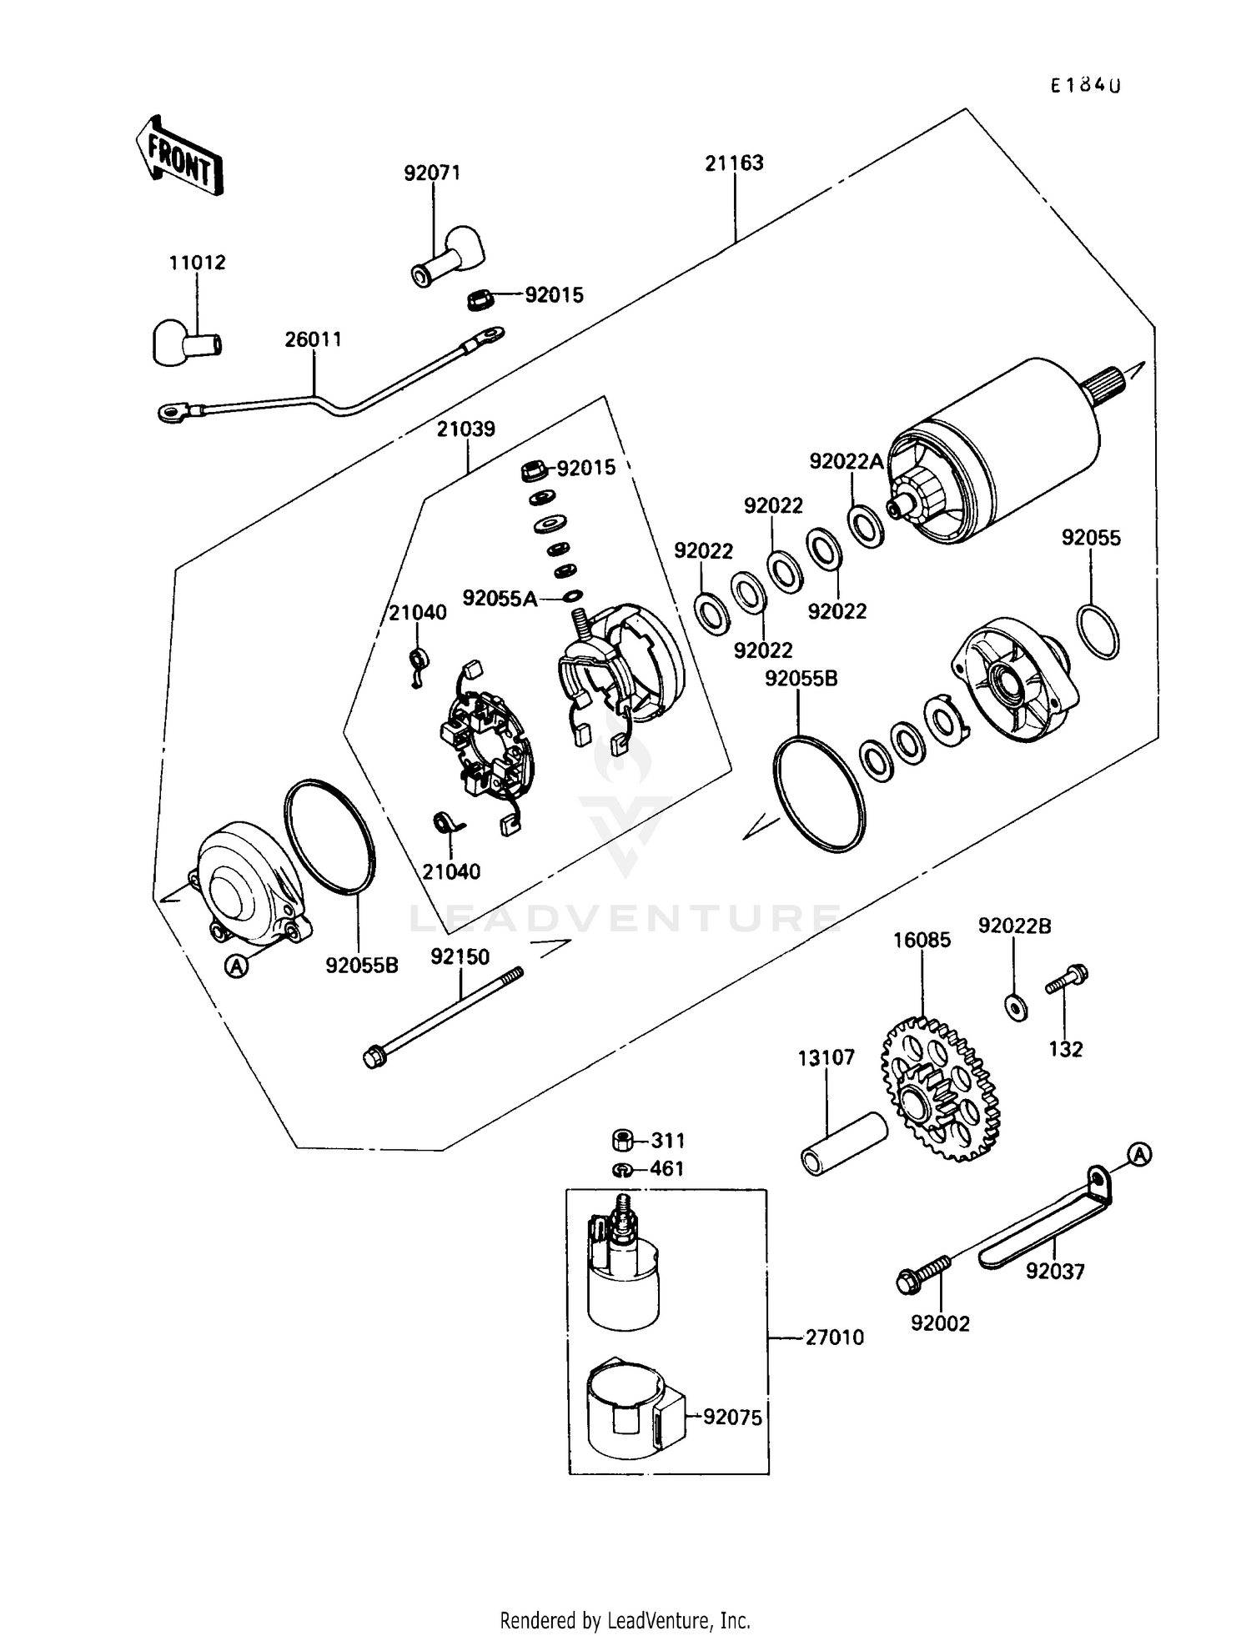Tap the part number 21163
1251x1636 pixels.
734,163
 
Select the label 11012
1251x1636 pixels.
197,263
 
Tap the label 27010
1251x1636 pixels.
834,1337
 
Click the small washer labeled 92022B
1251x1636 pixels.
1016,1007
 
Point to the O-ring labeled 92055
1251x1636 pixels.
1098,632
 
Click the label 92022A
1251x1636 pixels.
846,462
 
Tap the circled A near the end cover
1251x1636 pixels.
238,966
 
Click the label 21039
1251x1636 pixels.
466,429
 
